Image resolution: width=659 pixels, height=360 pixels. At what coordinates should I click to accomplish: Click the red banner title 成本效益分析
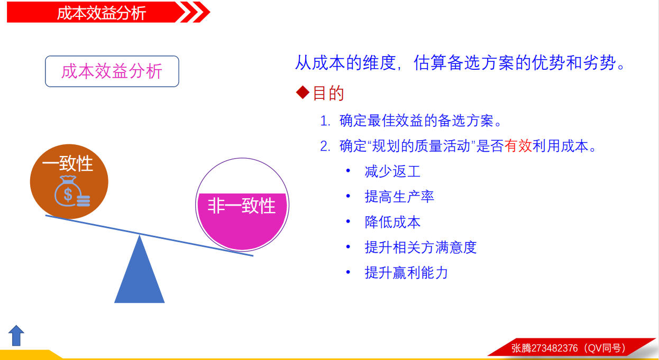[102, 13]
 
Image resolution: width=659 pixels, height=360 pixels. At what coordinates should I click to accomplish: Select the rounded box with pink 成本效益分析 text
[112, 71]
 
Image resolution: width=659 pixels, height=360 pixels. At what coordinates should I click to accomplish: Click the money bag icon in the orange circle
[72, 191]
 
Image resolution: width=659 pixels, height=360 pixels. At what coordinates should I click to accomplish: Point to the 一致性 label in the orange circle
[68, 163]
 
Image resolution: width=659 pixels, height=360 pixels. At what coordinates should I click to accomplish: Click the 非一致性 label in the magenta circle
[242, 206]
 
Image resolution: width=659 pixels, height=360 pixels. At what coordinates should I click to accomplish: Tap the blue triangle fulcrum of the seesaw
[140, 269]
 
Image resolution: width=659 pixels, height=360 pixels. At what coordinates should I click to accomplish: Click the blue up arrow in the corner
[16, 336]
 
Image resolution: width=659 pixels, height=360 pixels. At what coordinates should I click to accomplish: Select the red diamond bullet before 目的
[303, 93]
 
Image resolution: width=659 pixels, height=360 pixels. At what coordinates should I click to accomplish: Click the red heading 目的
[328, 93]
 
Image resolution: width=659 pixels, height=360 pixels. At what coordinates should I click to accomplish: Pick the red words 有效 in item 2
[518, 146]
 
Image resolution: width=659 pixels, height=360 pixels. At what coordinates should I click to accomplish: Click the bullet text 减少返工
[393, 171]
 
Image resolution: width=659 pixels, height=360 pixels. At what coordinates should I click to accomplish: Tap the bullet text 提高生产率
[399, 197]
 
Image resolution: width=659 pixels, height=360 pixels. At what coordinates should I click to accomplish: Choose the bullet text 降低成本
[393, 222]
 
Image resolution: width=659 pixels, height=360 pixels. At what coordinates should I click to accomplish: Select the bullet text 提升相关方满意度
[420, 247]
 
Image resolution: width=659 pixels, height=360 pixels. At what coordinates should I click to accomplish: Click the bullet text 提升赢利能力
[407, 272]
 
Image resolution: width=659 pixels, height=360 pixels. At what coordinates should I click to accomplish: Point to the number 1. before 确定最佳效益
[325, 121]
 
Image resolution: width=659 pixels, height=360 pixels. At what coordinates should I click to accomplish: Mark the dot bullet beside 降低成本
[349, 221]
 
